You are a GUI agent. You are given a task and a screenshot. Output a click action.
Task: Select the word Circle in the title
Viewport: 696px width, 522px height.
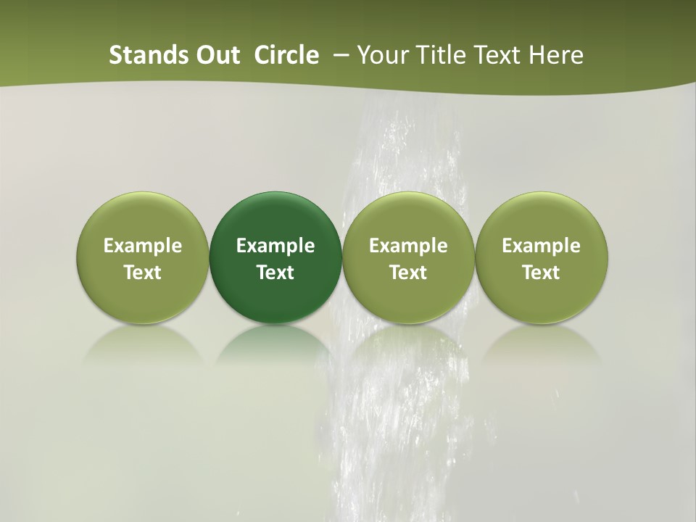click(286, 55)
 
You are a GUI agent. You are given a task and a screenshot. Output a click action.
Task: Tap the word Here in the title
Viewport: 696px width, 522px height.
click(557, 55)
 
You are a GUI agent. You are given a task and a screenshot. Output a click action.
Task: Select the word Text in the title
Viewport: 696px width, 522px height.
click(496, 55)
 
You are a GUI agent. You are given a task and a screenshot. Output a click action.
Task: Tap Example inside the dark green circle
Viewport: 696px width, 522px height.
click(275, 246)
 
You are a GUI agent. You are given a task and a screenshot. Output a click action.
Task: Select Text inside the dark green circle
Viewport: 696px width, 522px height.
click(275, 273)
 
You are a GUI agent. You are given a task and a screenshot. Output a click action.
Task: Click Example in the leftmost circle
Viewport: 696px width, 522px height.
click(143, 246)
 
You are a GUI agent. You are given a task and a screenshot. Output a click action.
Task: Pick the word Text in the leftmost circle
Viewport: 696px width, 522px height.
click(143, 273)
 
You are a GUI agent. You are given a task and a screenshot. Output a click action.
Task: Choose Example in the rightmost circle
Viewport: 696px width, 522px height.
click(541, 246)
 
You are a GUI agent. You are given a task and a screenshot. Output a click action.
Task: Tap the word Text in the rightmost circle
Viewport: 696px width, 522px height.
click(541, 273)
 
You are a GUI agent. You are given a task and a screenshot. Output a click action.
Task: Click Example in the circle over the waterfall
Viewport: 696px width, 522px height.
click(408, 246)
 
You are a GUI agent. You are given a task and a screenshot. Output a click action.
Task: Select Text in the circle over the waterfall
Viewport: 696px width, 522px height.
click(408, 273)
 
